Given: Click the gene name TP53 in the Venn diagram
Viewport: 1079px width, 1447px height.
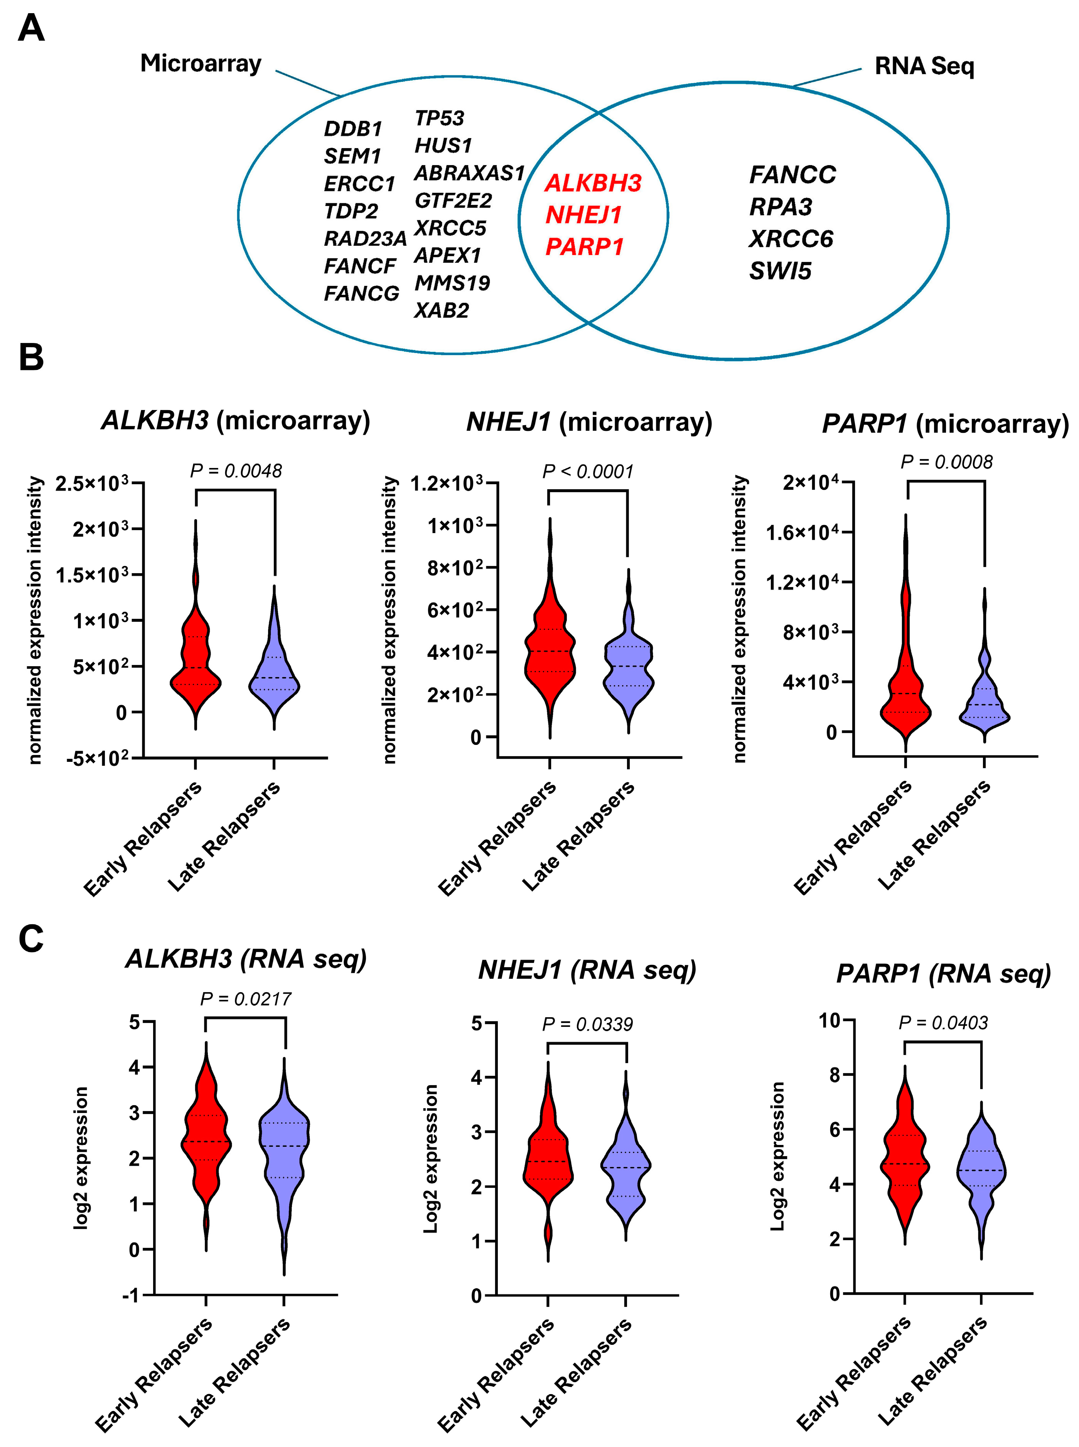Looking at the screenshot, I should [x=439, y=118].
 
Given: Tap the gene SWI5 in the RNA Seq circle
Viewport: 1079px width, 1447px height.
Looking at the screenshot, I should [x=780, y=270].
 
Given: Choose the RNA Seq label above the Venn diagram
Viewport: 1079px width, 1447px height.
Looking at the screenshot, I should [x=924, y=66].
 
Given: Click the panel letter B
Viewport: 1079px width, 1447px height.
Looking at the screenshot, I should [x=31, y=358].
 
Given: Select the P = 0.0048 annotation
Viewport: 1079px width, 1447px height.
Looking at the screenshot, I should [x=236, y=471].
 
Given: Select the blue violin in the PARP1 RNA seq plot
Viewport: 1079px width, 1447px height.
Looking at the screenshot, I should [x=982, y=1169].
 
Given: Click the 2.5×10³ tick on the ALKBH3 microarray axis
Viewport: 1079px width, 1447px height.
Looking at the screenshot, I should [x=91, y=484].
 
